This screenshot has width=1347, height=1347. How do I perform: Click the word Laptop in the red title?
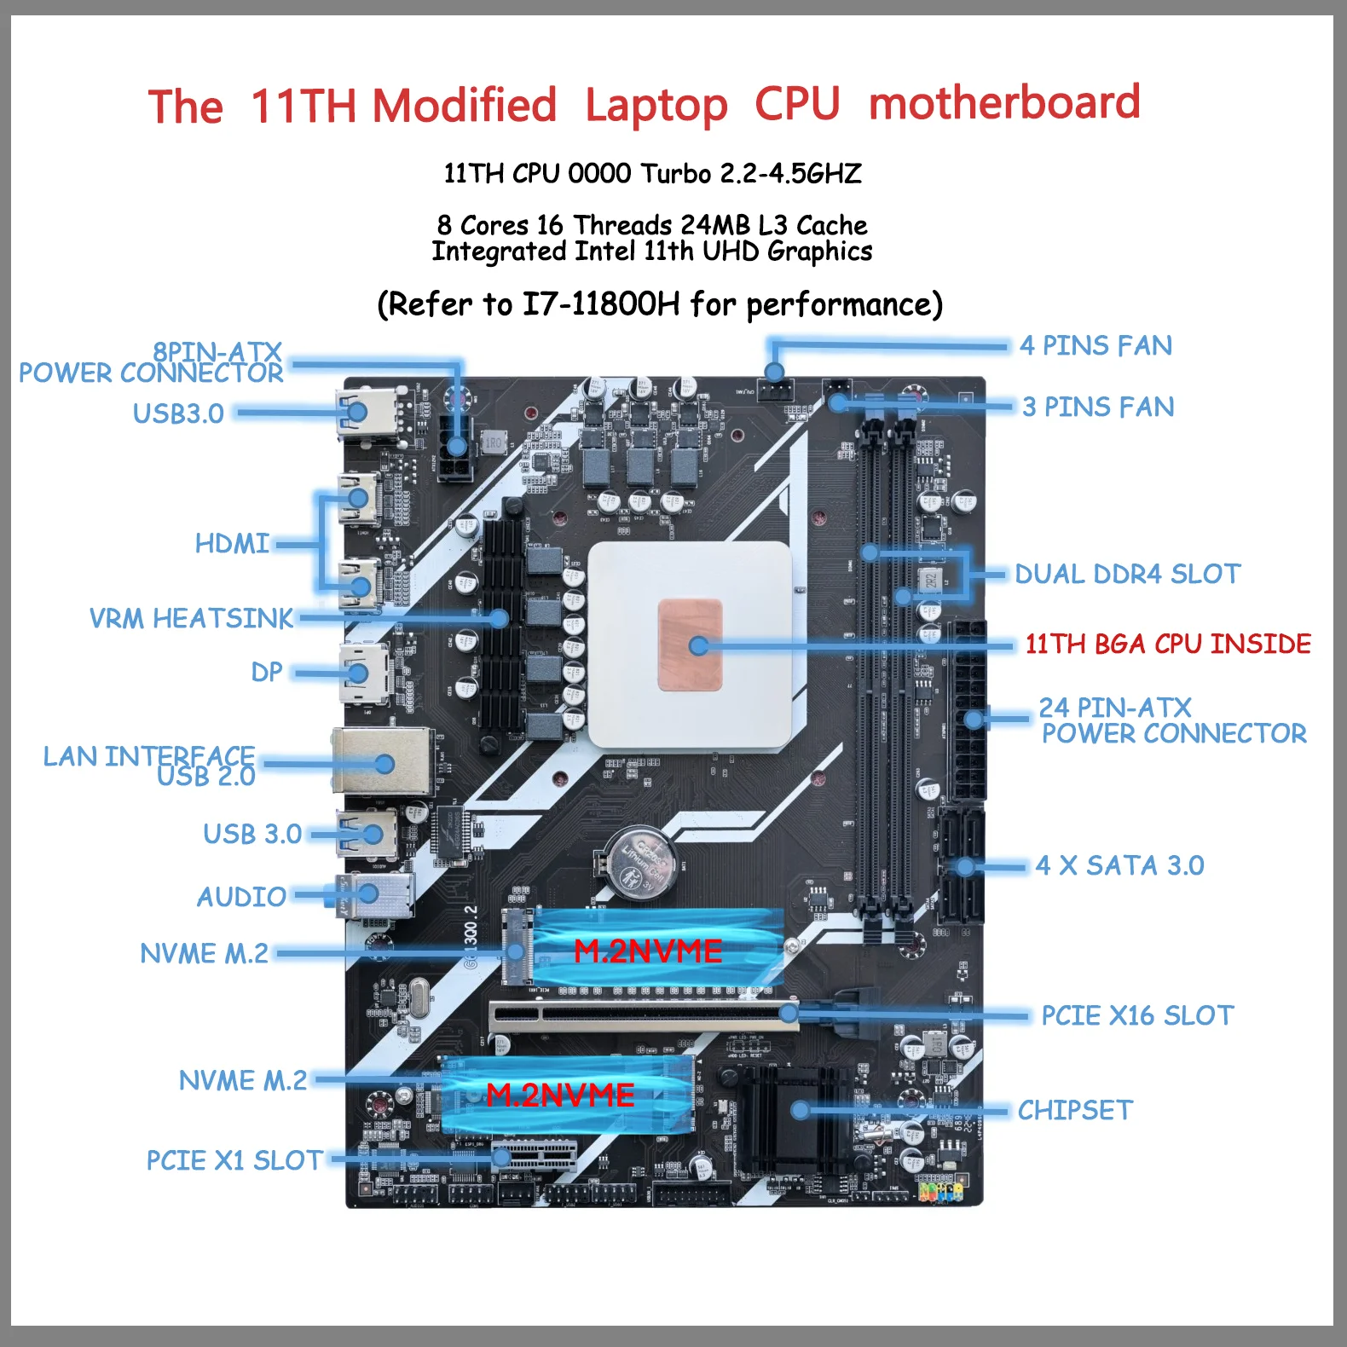[x=656, y=106]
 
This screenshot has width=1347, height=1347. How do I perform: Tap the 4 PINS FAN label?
[x=1096, y=345]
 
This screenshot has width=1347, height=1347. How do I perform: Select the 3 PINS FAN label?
[x=1098, y=407]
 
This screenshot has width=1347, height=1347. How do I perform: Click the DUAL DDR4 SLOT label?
[x=1127, y=574]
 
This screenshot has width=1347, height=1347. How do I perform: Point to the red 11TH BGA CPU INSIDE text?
[x=1167, y=644]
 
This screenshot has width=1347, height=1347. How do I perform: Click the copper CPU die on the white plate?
[x=691, y=645]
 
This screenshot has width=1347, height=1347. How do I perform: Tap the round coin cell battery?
[x=640, y=862]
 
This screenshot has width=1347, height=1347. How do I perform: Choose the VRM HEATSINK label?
[x=191, y=618]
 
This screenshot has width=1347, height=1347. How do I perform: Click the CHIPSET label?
[x=1074, y=1110]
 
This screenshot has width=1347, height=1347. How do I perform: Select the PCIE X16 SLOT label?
[x=1136, y=1015]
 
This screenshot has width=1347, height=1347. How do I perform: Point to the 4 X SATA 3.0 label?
[x=1119, y=865]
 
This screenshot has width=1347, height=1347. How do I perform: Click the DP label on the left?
[x=266, y=672]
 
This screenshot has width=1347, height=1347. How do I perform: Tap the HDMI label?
[x=232, y=543]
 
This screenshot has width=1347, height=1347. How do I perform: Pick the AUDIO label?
[x=241, y=897]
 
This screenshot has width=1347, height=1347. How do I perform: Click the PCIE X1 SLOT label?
[x=234, y=1160]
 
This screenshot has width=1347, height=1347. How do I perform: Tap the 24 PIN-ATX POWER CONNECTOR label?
[x=1172, y=720]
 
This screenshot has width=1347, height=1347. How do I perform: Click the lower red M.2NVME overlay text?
[x=560, y=1095]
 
